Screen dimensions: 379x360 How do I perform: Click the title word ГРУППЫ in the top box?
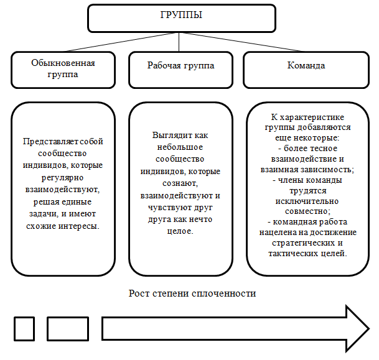pyautogui.click(x=181, y=15)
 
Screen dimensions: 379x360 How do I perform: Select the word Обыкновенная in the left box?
pyautogui.click(x=63, y=63)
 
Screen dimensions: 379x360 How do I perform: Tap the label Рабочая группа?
pyautogui.click(x=181, y=66)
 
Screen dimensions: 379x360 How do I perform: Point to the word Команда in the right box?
pyautogui.click(x=306, y=65)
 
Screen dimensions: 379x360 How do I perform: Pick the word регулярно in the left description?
pyautogui.click(x=63, y=178)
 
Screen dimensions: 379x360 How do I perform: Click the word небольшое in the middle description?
pyautogui.click(x=180, y=147)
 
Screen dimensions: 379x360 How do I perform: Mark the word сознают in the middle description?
pyautogui.click(x=180, y=183)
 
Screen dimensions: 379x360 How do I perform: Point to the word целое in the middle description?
pyautogui.click(x=180, y=231)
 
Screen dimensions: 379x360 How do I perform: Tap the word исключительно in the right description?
pyautogui.click(x=307, y=201)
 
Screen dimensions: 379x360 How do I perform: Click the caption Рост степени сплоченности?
pyautogui.click(x=192, y=293)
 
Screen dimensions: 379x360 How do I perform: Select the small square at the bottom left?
pyautogui.click(x=24, y=329)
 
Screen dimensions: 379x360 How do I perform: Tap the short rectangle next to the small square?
pyautogui.click(x=68, y=329)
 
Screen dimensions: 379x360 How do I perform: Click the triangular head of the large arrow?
pyautogui.click(x=357, y=329)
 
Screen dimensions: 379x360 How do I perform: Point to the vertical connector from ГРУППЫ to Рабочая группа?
pyautogui.click(x=179, y=42)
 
